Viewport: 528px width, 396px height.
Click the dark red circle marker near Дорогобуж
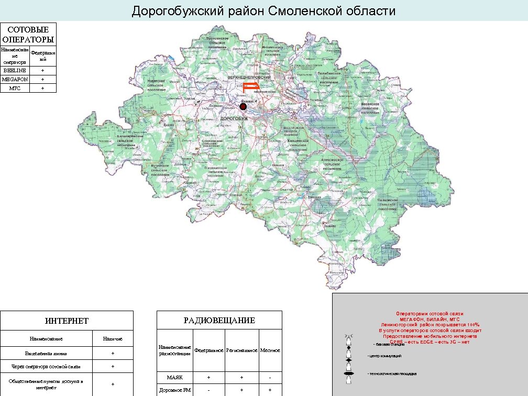click(x=243, y=107)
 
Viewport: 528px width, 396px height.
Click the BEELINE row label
click(x=15, y=70)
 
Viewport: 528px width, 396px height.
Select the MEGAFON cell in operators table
click(x=15, y=79)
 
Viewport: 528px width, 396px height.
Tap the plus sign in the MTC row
click(x=43, y=88)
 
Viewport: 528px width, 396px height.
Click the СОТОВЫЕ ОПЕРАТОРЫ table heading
click(x=28, y=34)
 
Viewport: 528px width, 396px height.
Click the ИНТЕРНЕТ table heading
click(x=67, y=321)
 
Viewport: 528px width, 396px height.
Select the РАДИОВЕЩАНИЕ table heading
click(x=219, y=321)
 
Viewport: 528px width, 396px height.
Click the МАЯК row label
click(x=175, y=377)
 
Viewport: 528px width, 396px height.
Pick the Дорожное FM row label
click(x=175, y=390)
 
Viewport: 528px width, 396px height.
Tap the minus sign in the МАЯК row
click(x=270, y=377)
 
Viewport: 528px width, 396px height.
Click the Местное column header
click(x=270, y=350)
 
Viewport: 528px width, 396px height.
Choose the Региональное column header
click(x=241, y=350)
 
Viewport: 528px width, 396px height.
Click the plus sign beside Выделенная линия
click(x=113, y=353)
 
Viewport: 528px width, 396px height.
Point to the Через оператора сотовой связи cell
click(x=47, y=366)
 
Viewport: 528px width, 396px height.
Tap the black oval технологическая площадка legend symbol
click(x=348, y=373)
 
